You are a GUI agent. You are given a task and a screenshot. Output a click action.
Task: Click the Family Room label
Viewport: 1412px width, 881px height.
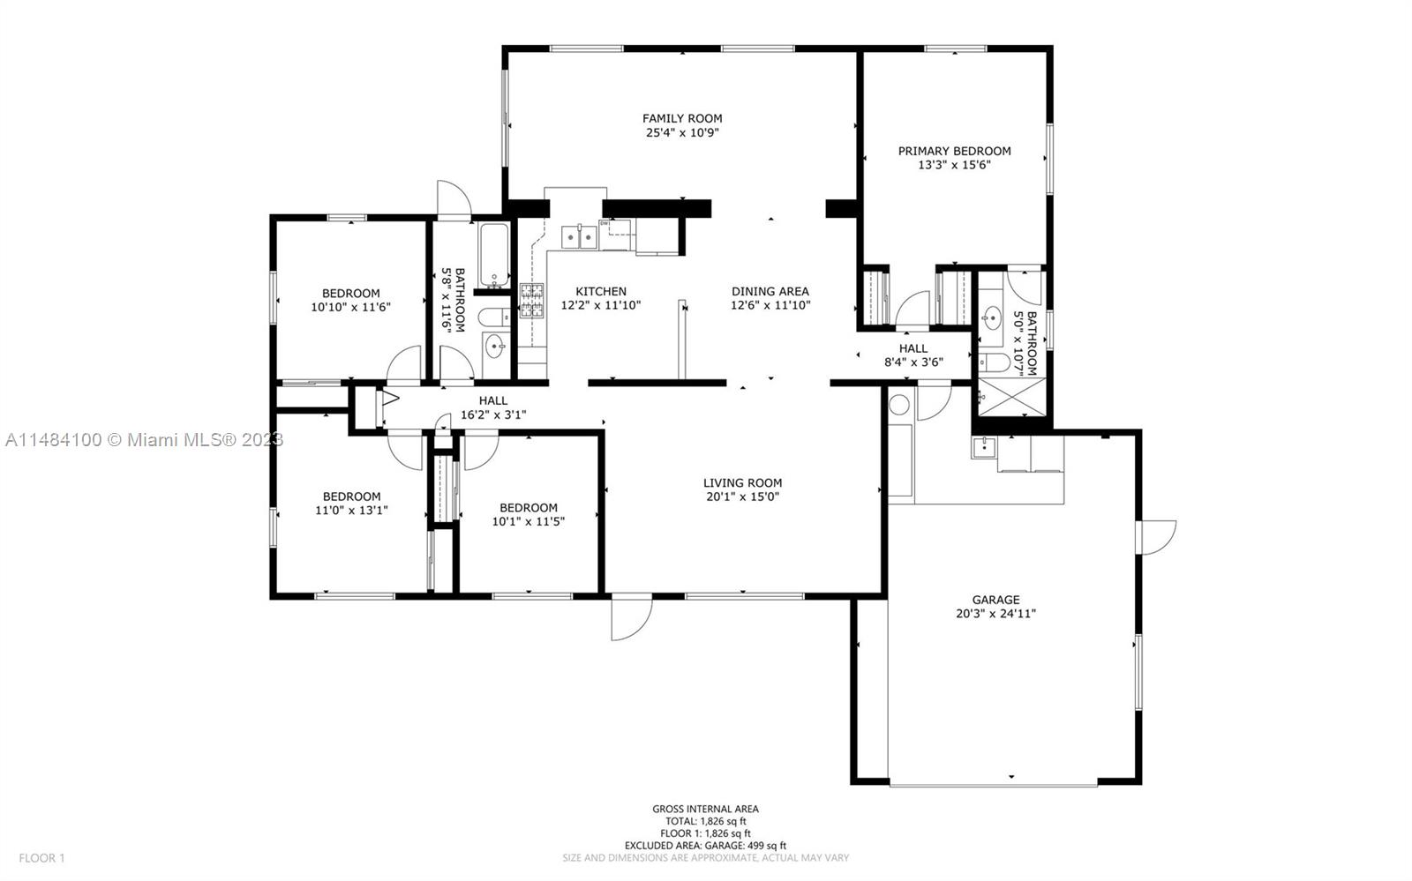point(682,118)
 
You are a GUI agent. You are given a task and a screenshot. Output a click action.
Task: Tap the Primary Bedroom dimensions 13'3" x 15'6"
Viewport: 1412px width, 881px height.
point(954,165)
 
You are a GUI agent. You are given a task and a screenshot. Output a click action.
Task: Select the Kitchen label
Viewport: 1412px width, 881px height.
point(601,292)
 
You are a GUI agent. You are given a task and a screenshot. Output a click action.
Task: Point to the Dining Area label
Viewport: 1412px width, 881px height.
point(770,292)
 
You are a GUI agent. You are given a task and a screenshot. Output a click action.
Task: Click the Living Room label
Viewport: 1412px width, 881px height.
point(742,483)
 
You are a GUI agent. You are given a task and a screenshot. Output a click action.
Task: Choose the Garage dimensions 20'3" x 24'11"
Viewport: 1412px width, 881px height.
point(996,614)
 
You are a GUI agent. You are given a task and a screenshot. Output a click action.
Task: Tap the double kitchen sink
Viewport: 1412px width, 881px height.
point(579,237)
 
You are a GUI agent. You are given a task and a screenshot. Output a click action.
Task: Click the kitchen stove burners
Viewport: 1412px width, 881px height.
point(531,301)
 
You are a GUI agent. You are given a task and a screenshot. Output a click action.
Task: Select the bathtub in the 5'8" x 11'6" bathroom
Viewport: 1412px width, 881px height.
point(494,255)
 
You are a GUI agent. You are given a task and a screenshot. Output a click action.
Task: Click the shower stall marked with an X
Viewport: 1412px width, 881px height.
point(1011,397)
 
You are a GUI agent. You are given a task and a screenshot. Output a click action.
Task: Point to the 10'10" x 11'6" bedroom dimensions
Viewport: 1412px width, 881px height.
point(350,307)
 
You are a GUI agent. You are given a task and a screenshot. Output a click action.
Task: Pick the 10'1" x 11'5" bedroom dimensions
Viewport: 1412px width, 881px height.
point(529,521)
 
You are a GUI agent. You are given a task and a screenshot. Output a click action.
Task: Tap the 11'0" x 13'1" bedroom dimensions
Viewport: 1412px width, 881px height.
point(351,510)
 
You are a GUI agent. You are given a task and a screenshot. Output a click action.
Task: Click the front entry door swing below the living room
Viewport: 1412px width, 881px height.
point(632,618)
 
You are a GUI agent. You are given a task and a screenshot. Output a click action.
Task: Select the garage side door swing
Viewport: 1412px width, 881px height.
point(1156,538)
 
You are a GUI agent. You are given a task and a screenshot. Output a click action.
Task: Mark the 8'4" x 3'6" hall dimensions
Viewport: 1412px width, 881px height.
point(913,362)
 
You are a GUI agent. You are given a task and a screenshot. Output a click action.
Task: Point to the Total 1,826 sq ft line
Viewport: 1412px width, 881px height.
point(706,821)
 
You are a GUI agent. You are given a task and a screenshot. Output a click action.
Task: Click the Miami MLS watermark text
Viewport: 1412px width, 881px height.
point(145,440)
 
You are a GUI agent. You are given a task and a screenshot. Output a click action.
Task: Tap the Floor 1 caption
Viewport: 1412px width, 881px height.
point(41,858)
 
